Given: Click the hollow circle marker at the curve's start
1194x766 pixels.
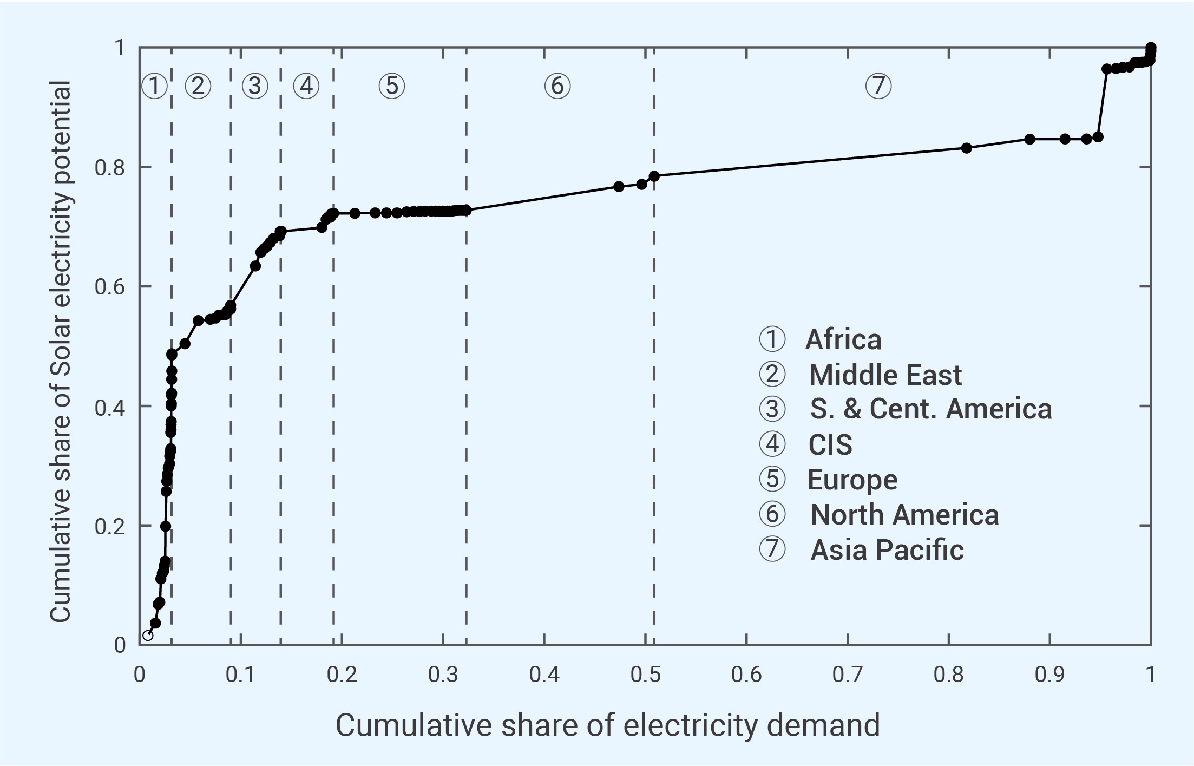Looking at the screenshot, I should pos(148,635).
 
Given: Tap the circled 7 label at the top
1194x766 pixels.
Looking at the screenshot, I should pos(878,86).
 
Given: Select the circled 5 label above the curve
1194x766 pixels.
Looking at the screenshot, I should pos(391,86).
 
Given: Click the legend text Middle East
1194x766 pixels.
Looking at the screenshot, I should pos(885,375).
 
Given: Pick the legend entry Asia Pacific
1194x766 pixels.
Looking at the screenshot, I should pos(887,549).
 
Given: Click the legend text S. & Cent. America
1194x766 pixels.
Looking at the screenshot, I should pos(930,409).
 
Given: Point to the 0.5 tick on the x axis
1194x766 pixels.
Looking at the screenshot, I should pos(646,675).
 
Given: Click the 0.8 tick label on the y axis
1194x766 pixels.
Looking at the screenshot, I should pos(109,168).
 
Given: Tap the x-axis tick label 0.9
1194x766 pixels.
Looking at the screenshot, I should pos(1049,675).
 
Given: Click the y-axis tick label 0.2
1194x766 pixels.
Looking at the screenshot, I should pos(109,526).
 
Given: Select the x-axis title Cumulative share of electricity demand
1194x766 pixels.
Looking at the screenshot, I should pos(607,725).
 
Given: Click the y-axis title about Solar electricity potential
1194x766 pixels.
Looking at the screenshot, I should pos(60,351).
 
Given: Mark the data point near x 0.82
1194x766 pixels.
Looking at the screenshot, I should pos(967,148).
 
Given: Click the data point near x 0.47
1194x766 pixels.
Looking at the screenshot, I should pos(619,186).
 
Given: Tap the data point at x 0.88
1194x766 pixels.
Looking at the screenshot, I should pos(1029,139).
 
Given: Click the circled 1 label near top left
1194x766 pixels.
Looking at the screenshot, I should pos(154,86).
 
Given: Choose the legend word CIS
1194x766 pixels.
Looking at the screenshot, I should pos(830,445).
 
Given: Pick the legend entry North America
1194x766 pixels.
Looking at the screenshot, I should pos(904,514).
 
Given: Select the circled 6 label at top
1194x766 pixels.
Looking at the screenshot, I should pos(557,86).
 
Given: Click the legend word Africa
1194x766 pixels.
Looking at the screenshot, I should pos(843,339).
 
